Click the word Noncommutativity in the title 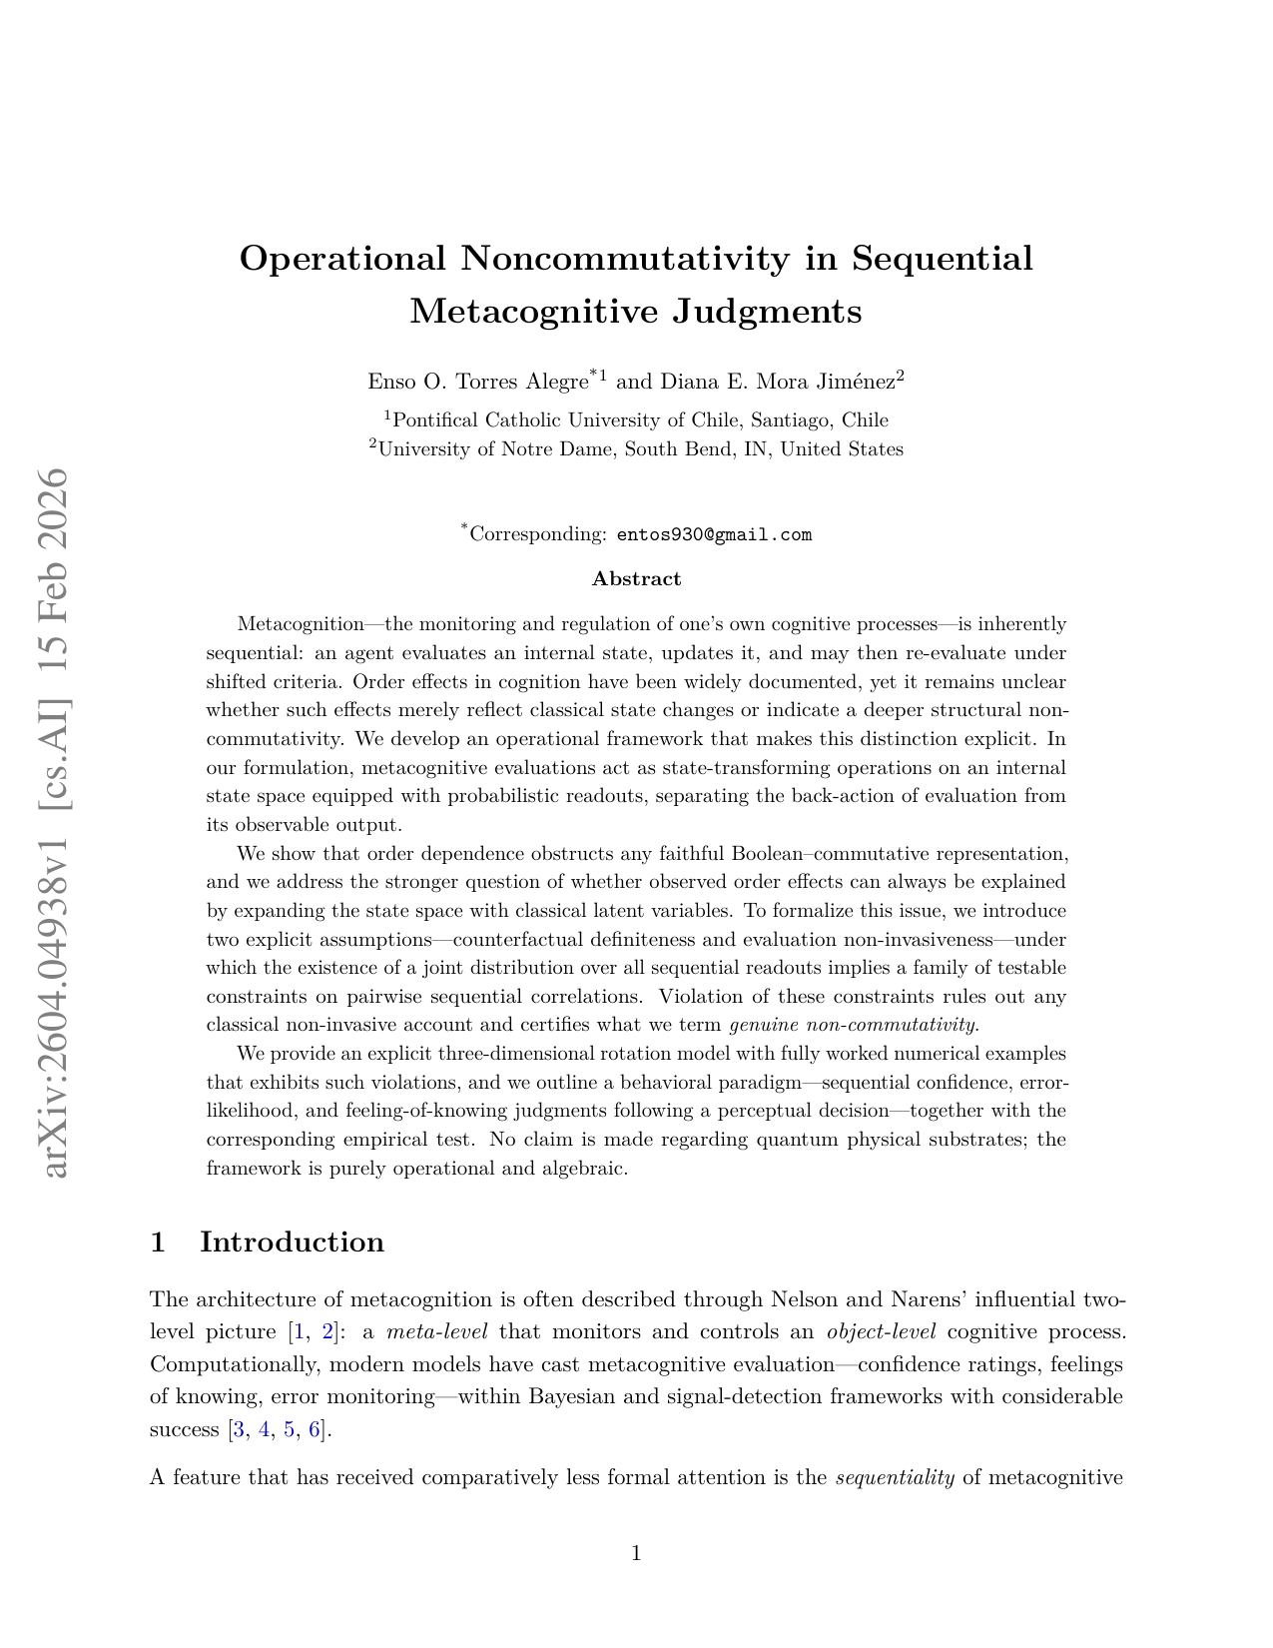[625, 259]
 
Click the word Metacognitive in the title [535, 312]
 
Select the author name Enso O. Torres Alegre [477, 382]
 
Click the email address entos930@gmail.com [714, 535]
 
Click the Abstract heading [636, 579]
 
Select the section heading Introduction [292, 1242]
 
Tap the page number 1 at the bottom [636, 1553]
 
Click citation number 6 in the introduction [315, 1429]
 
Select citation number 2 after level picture [326, 1332]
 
